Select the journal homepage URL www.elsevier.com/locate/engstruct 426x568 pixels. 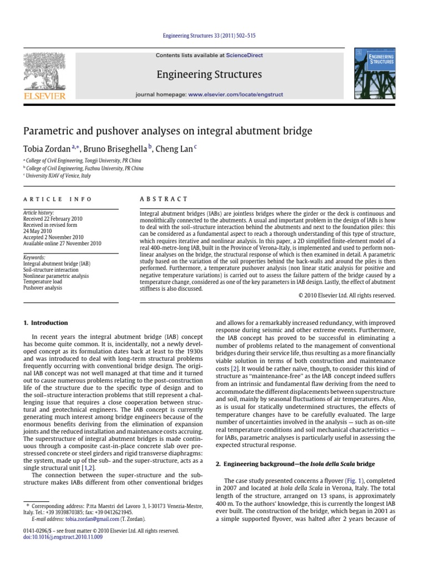[x=227, y=95]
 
